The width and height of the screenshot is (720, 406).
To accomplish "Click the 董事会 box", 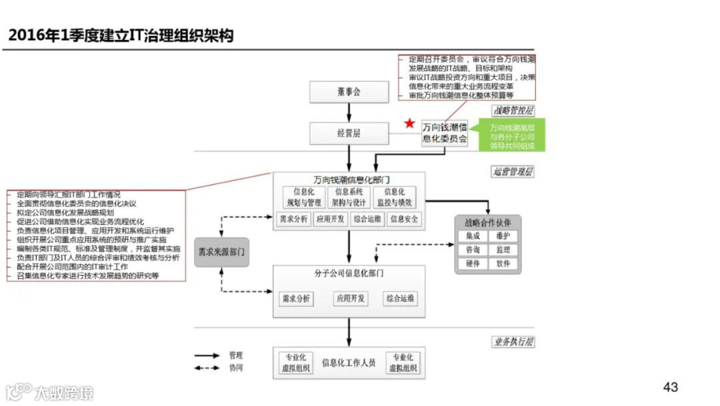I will (349, 92).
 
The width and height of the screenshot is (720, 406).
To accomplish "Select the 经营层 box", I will (349, 134).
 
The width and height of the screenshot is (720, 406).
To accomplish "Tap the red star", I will (410, 124).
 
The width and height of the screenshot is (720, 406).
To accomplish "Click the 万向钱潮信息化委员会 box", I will (445, 133).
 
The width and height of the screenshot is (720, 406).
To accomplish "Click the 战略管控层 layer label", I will (513, 111).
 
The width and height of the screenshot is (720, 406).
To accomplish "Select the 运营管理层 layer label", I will (513, 172).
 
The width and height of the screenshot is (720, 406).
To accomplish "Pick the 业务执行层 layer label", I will (513, 342).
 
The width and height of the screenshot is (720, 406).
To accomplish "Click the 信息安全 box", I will (405, 218).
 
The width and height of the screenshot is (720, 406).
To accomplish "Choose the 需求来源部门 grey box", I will (222, 252).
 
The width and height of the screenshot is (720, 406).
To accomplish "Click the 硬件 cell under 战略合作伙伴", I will (473, 263).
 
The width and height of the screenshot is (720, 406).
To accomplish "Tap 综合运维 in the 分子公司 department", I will (400, 298).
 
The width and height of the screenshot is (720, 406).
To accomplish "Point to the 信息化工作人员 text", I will (349, 363).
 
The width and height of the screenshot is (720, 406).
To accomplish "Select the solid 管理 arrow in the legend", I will (208, 356).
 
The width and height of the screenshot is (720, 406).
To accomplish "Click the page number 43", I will (671, 387).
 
